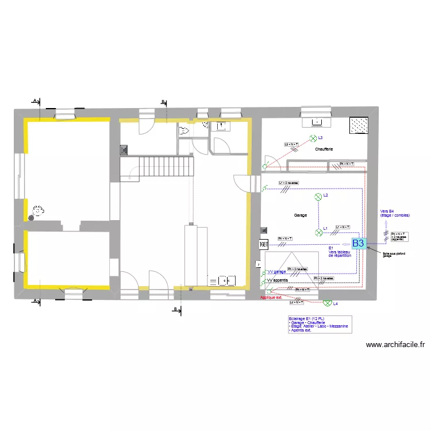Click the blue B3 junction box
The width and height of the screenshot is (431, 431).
(358, 243)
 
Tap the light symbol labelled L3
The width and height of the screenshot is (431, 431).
(313, 138)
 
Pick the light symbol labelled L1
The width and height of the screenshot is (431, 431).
(318, 232)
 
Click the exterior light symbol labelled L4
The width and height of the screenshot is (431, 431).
(327, 303)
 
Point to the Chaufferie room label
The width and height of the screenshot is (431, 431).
(324, 149)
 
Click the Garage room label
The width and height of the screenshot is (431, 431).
(300, 215)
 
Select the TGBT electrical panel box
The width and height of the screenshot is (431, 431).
(264, 244)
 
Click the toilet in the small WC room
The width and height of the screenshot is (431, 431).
(184, 131)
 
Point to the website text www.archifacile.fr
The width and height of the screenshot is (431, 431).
(395, 345)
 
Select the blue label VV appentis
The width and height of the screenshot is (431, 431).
(278, 280)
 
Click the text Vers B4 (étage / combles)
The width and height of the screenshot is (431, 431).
(395, 213)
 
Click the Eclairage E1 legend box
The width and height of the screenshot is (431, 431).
(320, 325)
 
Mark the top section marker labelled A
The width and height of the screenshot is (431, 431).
(35, 101)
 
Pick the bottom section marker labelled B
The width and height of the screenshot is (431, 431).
(175, 309)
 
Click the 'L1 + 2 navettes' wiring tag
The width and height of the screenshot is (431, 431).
(288, 183)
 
